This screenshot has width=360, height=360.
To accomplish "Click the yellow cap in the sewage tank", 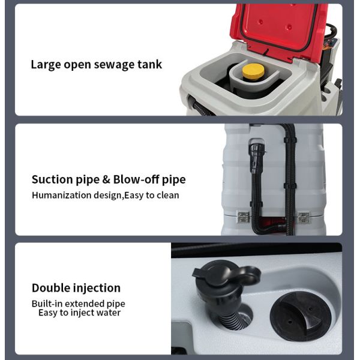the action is click(x=253, y=72).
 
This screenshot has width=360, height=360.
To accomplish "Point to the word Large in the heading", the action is click(x=46, y=65).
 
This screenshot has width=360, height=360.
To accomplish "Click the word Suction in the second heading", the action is click(x=52, y=179).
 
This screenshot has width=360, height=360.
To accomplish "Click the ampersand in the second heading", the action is click(x=106, y=179).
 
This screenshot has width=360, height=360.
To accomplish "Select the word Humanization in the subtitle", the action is click(x=62, y=195).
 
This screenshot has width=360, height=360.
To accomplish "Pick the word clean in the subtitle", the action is click(x=168, y=195).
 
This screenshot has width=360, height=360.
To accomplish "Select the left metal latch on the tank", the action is click(x=244, y=217).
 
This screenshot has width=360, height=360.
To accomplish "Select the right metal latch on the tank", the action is click(x=303, y=217).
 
